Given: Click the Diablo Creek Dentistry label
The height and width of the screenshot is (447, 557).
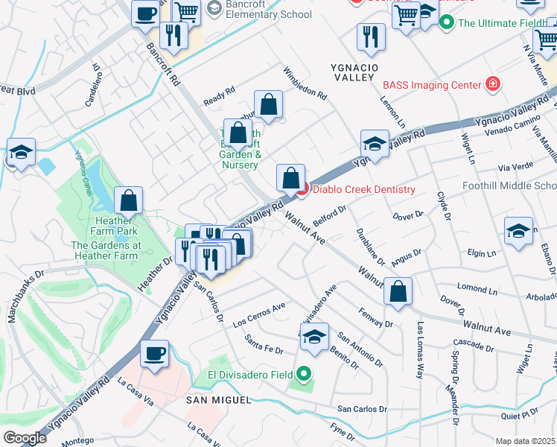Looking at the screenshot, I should tap(363, 189).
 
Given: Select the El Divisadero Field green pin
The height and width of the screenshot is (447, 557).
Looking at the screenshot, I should tap(303, 374).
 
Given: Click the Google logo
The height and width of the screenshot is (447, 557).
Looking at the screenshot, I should tap(25, 437).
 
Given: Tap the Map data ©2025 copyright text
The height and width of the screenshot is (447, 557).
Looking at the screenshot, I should tap(526, 441).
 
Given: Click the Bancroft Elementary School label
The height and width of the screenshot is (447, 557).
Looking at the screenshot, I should tap(259, 9).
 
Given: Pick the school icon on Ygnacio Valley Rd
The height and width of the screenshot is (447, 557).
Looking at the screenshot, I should tap(375, 144).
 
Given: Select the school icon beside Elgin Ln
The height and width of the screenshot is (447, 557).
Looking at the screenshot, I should tap(518, 230).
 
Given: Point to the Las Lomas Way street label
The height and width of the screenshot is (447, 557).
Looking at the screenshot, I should tap(421, 349).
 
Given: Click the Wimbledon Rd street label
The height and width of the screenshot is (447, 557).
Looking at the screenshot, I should tap(305, 83).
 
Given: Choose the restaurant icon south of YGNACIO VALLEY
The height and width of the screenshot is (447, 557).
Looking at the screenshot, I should tap(370, 38).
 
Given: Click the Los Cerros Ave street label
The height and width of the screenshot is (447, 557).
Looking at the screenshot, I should tap(259, 317).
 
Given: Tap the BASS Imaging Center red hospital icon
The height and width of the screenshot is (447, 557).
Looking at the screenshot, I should tap(491, 84).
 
